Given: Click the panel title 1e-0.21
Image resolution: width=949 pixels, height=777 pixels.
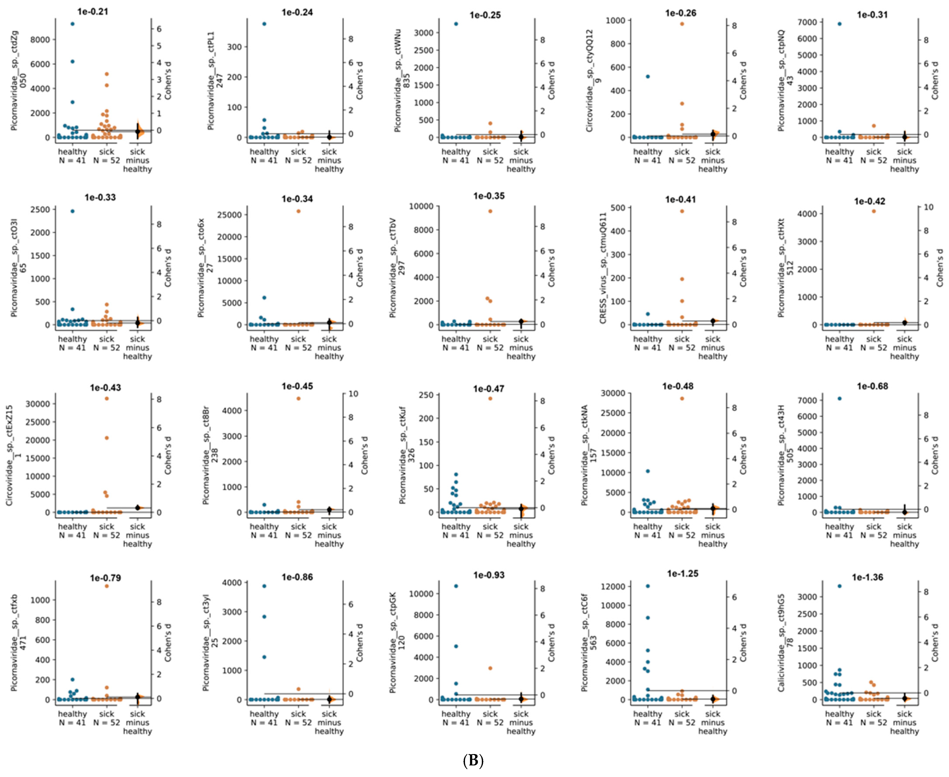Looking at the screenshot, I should point(93,12).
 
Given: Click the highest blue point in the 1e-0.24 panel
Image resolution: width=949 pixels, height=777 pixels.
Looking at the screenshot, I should point(264,24).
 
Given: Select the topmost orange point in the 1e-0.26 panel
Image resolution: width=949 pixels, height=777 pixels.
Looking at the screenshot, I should point(682,24).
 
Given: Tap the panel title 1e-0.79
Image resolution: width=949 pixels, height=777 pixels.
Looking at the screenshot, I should point(105,578).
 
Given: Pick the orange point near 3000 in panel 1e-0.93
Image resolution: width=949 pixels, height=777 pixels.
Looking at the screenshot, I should point(490,668).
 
